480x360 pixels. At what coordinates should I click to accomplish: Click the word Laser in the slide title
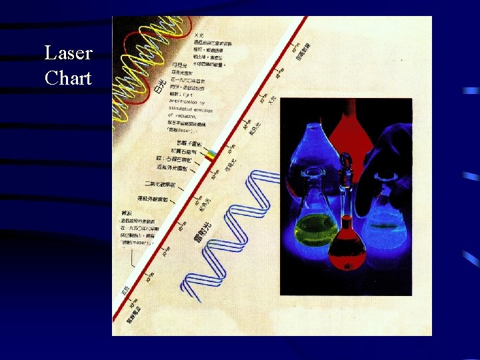coord(68,53)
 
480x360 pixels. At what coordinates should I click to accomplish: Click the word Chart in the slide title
coord(68,78)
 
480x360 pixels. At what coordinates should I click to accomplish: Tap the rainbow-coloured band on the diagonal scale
coord(211,155)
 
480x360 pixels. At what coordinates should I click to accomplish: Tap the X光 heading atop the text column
coord(199,35)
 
